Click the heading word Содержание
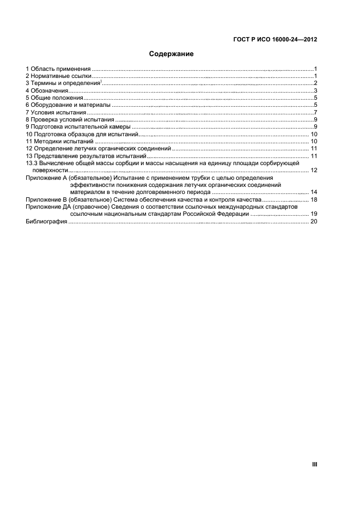coord(172,54)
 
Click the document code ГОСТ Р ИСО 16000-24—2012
coord(276,39)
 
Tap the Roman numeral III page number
coord(314,464)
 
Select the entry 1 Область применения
coord(58,69)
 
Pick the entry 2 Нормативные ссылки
coord(59,76)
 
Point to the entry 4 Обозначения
coord(47,90)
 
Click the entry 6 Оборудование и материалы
coord(69,105)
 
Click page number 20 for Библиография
coord(314,221)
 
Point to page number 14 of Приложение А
coord(314,192)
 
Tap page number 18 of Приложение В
coord(314,200)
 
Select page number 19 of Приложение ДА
coord(314,214)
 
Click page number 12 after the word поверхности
coord(314,171)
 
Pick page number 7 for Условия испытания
coord(315,112)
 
